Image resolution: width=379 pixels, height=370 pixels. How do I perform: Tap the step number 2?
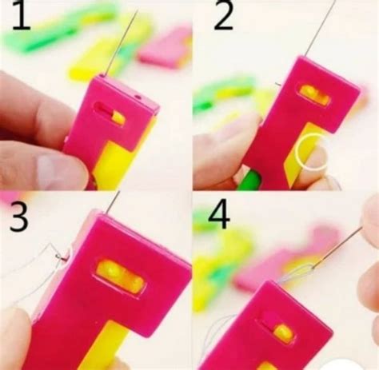[x=223, y=15]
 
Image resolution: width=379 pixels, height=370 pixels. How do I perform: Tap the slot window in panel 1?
[x=110, y=114]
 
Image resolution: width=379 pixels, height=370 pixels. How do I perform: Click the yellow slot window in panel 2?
[x=314, y=95]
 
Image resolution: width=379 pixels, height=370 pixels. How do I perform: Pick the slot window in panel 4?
[x=278, y=328]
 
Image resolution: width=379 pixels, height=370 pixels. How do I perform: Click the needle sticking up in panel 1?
[x=122, y=42]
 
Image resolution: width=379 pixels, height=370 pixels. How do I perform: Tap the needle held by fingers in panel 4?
[x=337, y=248]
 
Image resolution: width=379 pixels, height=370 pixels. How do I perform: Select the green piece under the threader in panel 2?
[x=249, y=181]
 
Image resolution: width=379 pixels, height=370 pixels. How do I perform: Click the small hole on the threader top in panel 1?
[x=138, y=97]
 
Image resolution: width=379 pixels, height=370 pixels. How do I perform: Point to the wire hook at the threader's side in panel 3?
[x=62, y=257]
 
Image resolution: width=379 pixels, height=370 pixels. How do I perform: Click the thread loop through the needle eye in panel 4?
[x=295, y=274]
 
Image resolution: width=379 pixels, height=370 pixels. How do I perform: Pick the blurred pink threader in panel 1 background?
[x=166, y=50]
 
